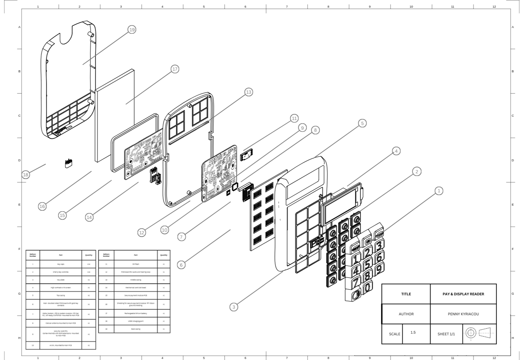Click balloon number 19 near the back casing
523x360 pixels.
[132, 30]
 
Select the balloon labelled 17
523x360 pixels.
[175, 69]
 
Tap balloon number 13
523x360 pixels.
[248, 92]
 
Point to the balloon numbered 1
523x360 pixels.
[439, 191]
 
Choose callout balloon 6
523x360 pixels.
[181, 265]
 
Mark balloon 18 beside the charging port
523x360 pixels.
[26, 174]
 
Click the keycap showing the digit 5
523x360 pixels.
[367, 264]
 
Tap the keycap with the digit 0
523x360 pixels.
[367, 287]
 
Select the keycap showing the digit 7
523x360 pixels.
[356, 282]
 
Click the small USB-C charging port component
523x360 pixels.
[68, 164]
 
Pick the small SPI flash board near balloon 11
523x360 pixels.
[247, 155]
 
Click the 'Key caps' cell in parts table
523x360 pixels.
[61, 264]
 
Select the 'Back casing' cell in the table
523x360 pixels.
[135, 329]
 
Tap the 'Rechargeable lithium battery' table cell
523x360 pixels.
[135, 313]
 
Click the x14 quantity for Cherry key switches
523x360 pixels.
[89, 272]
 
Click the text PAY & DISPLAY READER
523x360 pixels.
[463, 294]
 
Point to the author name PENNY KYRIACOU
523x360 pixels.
[463, 314]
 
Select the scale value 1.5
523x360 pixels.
[413, 332]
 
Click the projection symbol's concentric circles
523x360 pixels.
[470, 333]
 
